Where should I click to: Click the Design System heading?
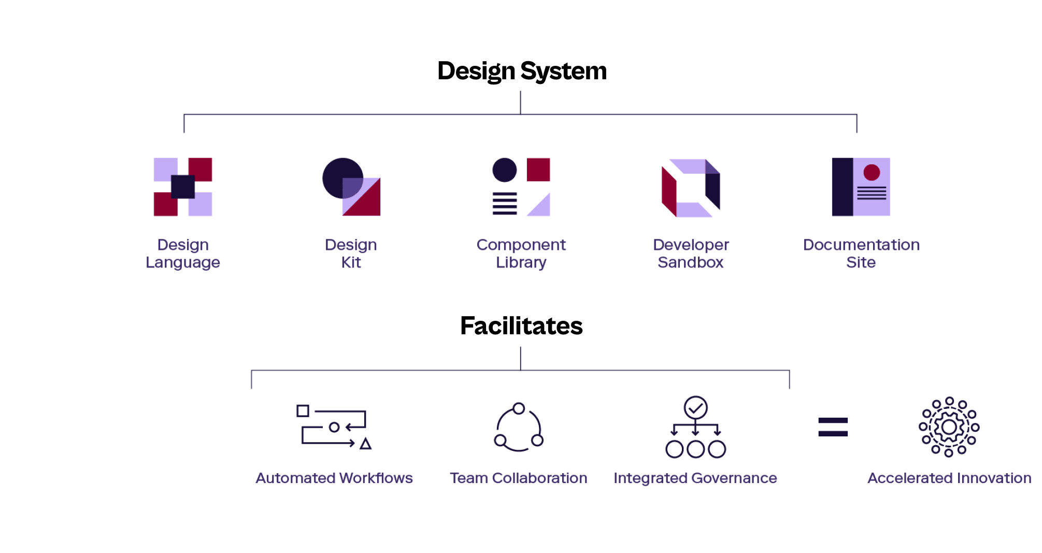point(522,71)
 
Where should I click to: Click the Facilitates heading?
point(521,326)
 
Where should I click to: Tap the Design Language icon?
point(183,187)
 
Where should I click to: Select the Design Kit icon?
point(351,187)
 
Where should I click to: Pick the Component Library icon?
point(521,187)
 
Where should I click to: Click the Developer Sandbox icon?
point(691,188)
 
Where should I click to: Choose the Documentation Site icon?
point(861,187)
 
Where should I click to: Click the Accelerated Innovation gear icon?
point(949,427)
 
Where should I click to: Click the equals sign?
point(833,427)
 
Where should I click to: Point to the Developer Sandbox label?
point(691,253)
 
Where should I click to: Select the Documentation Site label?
point(861,253)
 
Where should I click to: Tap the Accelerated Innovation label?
point(949,478)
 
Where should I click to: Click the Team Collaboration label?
point(519,478)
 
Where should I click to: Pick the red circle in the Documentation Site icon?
point(872,173)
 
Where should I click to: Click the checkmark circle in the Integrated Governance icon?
point(695,408)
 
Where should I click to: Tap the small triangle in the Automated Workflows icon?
point(366,444)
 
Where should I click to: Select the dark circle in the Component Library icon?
point(504,170)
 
